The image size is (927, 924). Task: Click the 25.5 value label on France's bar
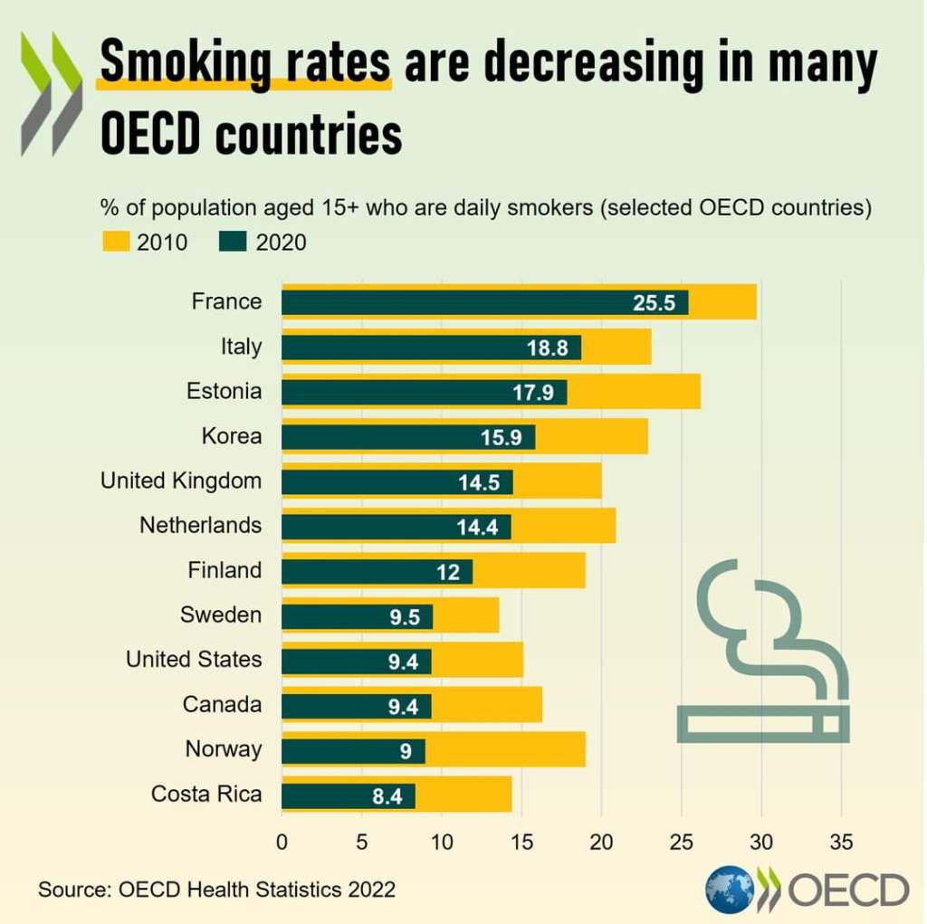[x=654, y=303]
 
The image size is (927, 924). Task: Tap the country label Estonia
[x=225, y=391]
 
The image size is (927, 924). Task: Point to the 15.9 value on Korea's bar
[x=501, y=437]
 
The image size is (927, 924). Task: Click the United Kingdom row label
[x=181, y=481]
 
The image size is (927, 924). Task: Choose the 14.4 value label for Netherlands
[x=477, y=527]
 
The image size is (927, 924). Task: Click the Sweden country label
[x=221, y=615]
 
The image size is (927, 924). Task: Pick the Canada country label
[x=222, y=704]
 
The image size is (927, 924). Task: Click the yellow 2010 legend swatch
[x=114, y=243]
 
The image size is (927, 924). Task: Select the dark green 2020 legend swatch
[x=234, y=243]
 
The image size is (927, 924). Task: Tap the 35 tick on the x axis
[x=841, y=843]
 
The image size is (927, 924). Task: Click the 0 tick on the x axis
[x=282, y=843]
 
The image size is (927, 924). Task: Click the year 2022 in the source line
[x=372, y=890]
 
